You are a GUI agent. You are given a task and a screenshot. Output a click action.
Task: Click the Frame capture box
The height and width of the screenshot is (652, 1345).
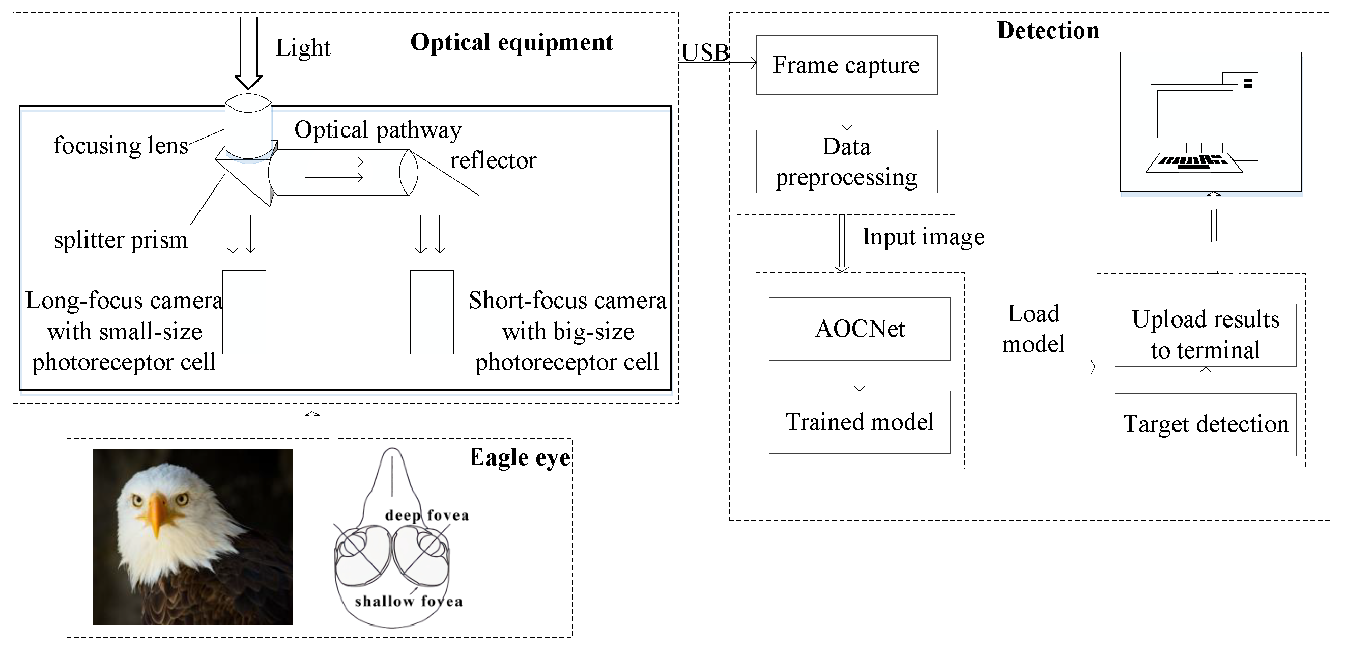click(x=846, y=65)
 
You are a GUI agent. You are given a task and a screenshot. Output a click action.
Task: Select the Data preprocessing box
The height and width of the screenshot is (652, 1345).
click(x=846, y=161)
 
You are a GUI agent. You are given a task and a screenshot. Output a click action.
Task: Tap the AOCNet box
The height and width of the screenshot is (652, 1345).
click(x=860, y=329)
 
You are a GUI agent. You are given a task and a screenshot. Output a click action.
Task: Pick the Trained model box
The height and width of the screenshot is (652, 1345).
click(x=860, y=422)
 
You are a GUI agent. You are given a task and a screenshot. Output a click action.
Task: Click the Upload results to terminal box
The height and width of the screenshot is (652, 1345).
click(x=1205, y=335)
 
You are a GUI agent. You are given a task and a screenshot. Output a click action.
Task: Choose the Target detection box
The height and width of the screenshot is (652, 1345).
click(x=1205, y=424)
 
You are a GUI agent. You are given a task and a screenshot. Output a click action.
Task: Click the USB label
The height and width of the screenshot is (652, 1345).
click(x=705, y=53)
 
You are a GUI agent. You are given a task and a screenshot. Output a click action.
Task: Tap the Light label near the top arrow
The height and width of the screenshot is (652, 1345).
click(x=303, y=48)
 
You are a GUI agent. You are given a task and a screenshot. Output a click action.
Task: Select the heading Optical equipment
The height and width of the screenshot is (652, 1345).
click(x=511, y=42)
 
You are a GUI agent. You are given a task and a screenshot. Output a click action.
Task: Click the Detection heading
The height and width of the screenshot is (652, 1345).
click(x=1047, y=30)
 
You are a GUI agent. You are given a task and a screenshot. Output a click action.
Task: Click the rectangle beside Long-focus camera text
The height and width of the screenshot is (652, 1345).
click(x=244, y=312)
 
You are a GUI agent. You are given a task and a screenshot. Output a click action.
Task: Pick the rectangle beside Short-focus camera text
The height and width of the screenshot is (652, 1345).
click(x=432, y=312)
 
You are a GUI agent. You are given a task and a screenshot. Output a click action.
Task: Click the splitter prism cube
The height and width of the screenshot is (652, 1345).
click(x=242, y=183)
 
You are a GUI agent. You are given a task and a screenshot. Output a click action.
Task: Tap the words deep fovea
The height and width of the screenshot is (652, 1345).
click(x=426, y=515)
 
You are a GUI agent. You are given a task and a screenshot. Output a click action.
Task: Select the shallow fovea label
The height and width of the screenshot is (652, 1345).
click(x=408, y=602)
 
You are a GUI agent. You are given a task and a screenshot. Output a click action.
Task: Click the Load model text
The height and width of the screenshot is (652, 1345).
click(x=1033, y=329)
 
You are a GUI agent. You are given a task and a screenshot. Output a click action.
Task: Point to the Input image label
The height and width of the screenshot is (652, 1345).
click(x=923, y=237)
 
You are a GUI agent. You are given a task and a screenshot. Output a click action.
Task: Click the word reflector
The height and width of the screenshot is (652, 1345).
click(x=493, y=160)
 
